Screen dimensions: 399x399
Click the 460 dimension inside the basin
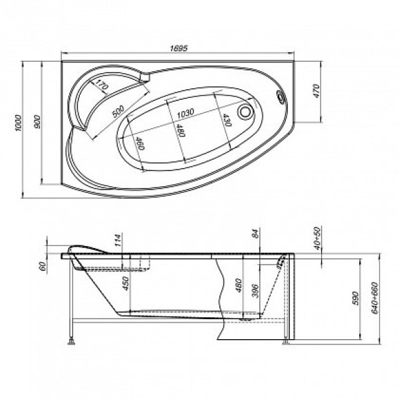coord(140,143)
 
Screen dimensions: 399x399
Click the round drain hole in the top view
coord(247,113)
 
